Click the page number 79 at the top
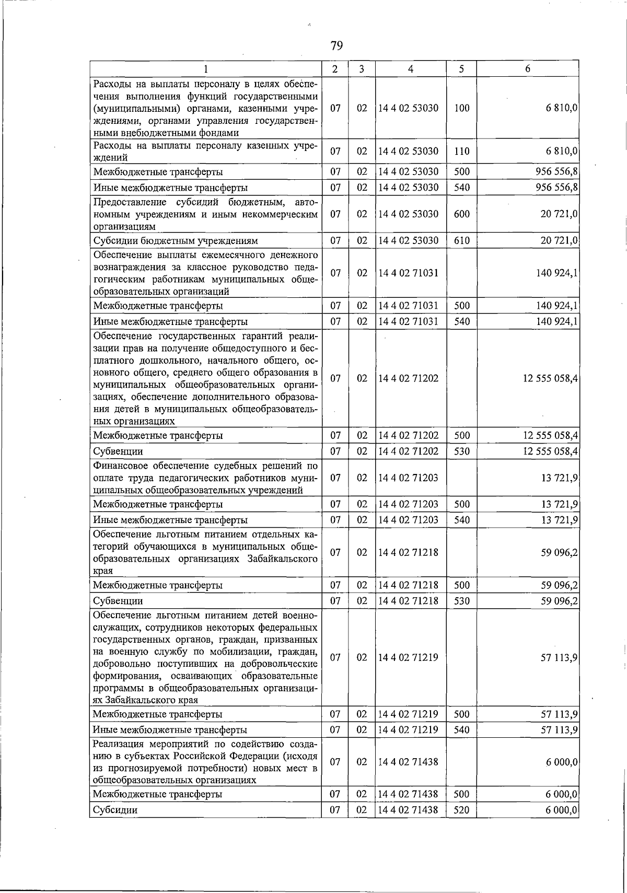click(x=336, y=46)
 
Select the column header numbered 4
click(x=411, y=69)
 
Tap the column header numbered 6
click(x=528, y=69)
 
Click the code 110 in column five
click(x=462, y=152)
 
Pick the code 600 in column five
click(x=462, y=214)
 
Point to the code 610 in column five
click(x=462, y=240)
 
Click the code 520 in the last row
click(x=462, y=810)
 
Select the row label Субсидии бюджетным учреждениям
click(x=176, y=241)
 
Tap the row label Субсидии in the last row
click(x=115, y=810)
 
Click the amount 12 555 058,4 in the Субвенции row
click(x=550, y=451)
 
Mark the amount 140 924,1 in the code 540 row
click(x=557, y=321)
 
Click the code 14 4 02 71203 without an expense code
click(x=409, y=478)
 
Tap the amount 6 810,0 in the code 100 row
click(x=562, y=108)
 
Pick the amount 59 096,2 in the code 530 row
click(x=559, y=601)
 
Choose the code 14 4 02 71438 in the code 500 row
click(x=409, y=794)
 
